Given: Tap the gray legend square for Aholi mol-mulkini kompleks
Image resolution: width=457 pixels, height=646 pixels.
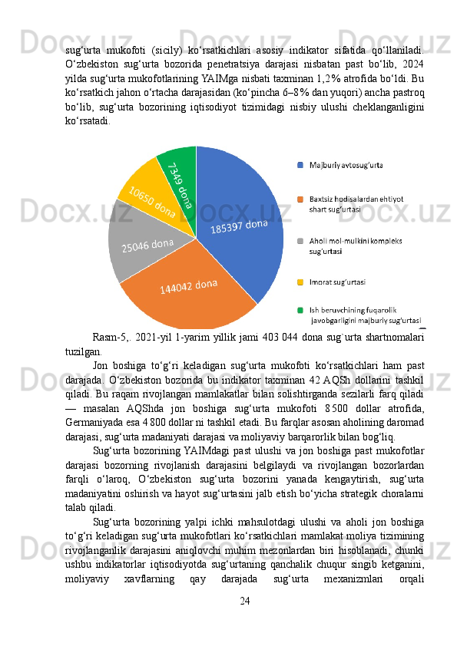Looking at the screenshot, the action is [x=300, y=240].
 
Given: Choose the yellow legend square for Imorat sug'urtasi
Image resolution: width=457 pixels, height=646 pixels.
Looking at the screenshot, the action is [x=300, y=282].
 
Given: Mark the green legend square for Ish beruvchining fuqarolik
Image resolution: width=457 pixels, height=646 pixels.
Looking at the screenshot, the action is [x=300, y=310].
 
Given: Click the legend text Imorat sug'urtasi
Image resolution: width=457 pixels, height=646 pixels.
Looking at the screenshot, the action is [x=336, y=282].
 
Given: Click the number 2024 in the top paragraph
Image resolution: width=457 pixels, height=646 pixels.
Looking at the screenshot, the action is [x=411, y=64].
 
